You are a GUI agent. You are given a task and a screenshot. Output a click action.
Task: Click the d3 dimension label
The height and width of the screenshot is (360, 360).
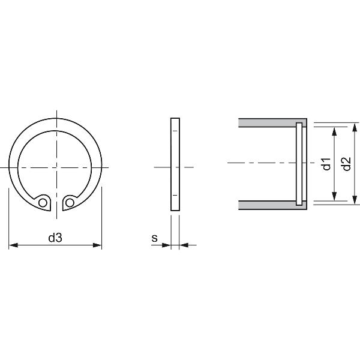55,238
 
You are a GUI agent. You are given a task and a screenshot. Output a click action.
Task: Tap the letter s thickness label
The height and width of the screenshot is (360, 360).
154,238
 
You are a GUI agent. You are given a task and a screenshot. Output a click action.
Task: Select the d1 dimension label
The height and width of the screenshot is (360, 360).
326,163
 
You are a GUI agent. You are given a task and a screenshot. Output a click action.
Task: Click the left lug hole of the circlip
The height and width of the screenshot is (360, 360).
43,203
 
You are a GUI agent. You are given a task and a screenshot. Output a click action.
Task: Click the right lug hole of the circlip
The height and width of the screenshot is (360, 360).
70,203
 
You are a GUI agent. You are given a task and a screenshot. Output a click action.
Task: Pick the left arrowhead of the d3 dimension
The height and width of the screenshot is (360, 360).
13,245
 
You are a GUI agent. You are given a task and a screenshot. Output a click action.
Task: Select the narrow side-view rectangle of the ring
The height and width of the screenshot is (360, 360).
175,163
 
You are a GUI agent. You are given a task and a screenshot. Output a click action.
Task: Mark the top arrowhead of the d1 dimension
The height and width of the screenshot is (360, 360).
335,130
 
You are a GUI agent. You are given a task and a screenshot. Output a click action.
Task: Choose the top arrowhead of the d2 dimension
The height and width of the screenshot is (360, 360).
355,126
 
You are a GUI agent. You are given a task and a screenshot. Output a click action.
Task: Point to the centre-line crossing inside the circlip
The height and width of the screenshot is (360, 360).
56,166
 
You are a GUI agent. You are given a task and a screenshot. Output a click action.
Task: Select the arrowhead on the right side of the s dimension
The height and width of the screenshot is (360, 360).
184,245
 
